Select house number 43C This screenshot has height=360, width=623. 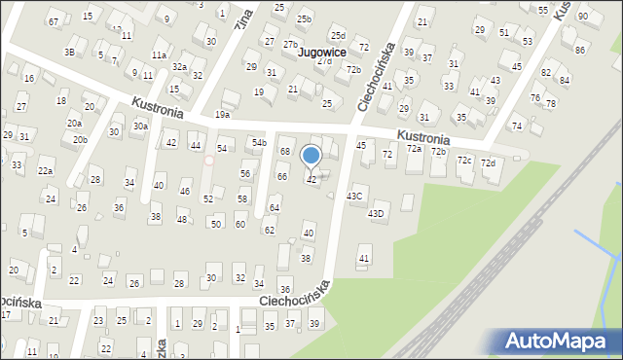point(355,196)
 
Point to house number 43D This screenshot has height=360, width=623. point(376,213)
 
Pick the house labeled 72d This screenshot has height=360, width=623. point(488,162)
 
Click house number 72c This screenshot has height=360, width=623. point(464,160)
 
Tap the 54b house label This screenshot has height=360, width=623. point(259,143)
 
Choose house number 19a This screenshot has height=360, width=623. point(223,115)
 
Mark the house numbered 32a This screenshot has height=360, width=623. point(180,66)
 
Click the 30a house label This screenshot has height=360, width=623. point(140,126)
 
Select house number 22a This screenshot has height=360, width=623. point(45,170)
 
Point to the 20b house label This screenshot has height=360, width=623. point(80,139)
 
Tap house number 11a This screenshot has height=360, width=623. point(159,54)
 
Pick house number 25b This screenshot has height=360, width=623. point(305,18)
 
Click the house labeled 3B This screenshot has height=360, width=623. point(69,52)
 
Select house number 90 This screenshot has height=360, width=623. point(582,16)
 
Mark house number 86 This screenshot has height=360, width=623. point(580,49)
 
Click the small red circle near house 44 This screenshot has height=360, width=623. point(208,161)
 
